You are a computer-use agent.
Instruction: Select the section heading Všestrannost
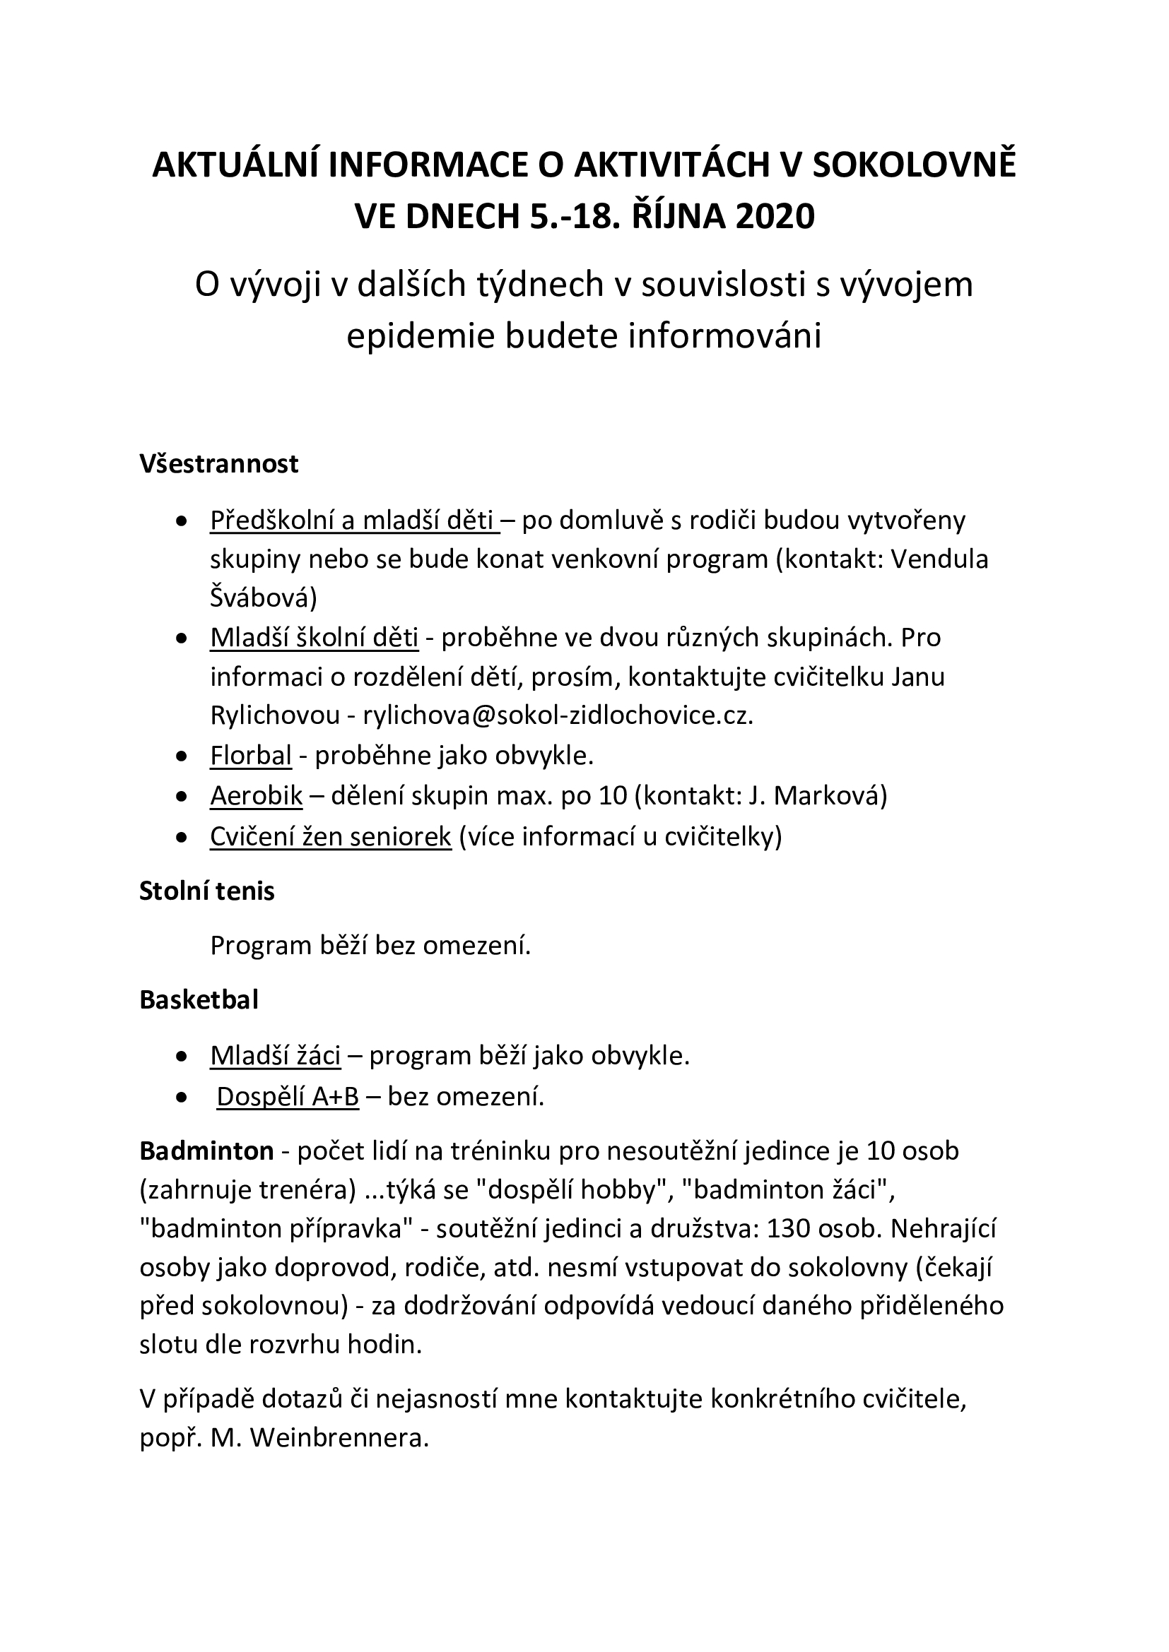tap(219, 464)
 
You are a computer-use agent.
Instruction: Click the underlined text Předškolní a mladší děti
tap(353, 521)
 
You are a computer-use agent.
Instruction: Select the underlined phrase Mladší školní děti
tap(314, 638)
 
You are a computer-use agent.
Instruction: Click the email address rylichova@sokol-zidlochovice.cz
tap(558, 715)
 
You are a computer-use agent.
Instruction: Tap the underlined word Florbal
tap(250, 756)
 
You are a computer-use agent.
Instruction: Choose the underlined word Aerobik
tap(257, 796)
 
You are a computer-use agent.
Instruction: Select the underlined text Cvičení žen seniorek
tap(330, 837)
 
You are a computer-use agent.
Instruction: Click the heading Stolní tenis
tap(207, 891)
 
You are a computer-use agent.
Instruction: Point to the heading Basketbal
tap(199, 1000)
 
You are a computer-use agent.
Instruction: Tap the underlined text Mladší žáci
tap(275, 1055)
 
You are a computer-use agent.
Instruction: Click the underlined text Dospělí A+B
tap(287, 1097)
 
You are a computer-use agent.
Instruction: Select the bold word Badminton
tap(206, 1151)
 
